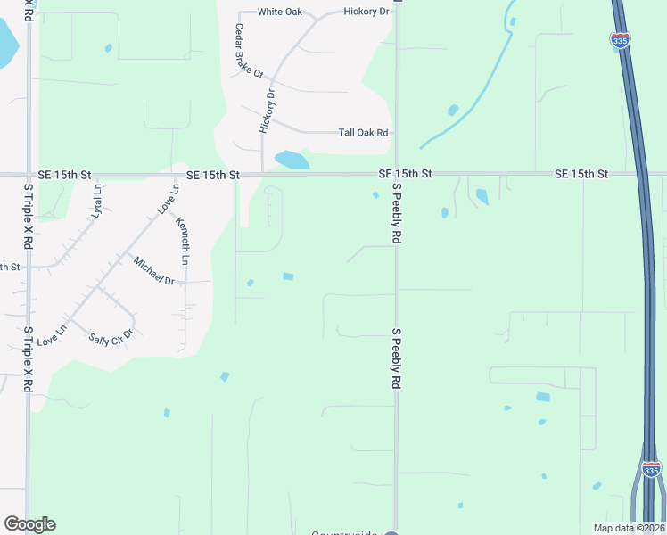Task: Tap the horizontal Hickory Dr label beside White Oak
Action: click(x=366, y=12)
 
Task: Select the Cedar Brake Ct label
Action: click(x=251, y=50)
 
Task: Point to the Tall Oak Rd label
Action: click(x=363, y=133)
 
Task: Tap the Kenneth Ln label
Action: click(x=183, y=241)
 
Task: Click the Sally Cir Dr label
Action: click(x=111, y=337)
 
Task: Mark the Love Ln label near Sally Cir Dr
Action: click(x=53, y=335)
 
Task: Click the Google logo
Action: click(x=29, y=524)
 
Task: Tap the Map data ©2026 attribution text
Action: click(x=629, y=528)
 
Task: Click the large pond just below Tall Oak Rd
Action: click(x=292, y=160)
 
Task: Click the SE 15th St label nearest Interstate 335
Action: click(x=581, y=173)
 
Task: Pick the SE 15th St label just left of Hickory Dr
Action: click(x=213, y=176)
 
